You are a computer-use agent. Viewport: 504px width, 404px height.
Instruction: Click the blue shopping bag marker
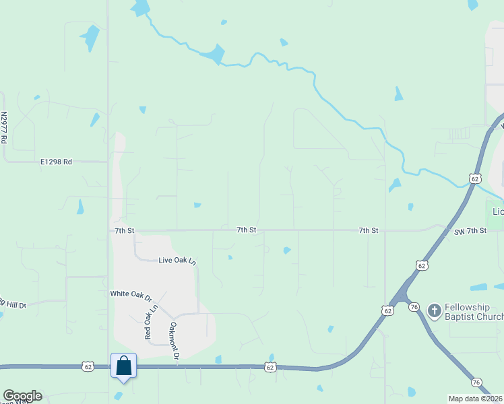(124, 366)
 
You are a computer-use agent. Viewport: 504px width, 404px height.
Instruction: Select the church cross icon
(435, 310)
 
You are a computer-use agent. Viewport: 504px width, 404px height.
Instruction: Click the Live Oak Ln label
(177, 260)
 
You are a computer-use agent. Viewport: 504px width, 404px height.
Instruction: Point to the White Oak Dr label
(131, 294)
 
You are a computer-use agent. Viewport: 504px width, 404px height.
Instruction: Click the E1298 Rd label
(56, 162)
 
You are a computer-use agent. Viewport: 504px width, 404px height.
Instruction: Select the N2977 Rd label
(4, 128)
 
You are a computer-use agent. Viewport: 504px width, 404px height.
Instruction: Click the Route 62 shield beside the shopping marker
(88, 366)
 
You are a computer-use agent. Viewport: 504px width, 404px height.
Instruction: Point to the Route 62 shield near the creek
(476, 178)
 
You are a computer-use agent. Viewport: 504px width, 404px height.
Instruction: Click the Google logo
(22, 396)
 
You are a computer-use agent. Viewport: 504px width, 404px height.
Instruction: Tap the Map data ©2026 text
(475, 399)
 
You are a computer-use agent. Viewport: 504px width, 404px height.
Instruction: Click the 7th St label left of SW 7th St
(368, 230)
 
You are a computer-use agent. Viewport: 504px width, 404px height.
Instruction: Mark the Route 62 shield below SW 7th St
(422, 267)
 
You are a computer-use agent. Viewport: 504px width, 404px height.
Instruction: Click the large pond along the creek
(215, 54)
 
